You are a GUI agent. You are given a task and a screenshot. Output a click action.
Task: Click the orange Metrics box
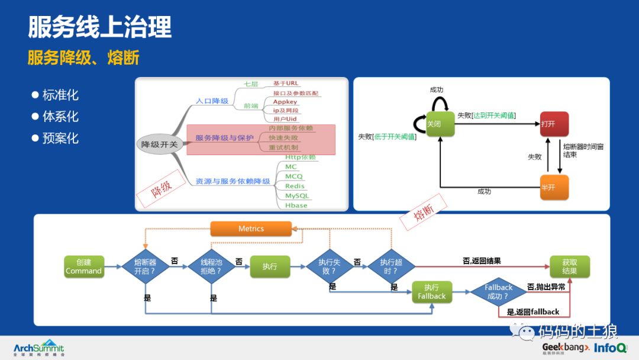pyautogui.click(x=251, y=229)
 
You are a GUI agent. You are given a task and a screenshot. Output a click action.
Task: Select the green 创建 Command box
pyautogui.click(x=84, y=266)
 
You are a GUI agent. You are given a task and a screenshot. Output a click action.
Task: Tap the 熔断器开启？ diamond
pyautogui.click(x=145, y=266)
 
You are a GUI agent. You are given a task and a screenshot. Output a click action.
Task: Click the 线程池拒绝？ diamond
pyautogui.click(x=211, y=266)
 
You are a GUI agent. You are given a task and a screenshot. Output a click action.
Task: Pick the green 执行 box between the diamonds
pyautogui.click(x=270, y=266)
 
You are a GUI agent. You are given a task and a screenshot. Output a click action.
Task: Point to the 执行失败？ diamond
pyautogui.click(x=330, y=266)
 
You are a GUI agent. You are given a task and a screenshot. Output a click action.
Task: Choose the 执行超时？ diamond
pyautogui.click(x=391, y=266)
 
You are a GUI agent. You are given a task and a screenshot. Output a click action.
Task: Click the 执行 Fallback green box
pyautogui.click(x=431, y=291)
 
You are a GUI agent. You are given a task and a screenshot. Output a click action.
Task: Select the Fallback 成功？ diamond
pyautogui.click(x=498, y=291)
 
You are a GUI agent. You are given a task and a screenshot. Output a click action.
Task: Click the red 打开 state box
pyautogui.click(x=554, y=124)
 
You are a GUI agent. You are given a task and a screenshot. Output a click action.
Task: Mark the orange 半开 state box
pyautogui.click(x=554, y=187)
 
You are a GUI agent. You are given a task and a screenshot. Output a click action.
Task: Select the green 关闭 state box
pyautogui.click(x=440, y=124)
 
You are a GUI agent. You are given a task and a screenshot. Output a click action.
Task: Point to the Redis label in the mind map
pyautogui.click(x=295, y=186)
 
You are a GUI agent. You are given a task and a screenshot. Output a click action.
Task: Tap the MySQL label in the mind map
pyautogui.click(x=296, y=195)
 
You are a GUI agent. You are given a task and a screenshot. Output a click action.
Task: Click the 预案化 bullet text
pyautogui.click(x=60, y=139)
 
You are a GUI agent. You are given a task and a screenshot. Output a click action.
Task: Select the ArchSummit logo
pyautogui.click(x=38, y=348)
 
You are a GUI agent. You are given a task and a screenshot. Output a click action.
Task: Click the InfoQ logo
pyautogui.click(x=611, y=348)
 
